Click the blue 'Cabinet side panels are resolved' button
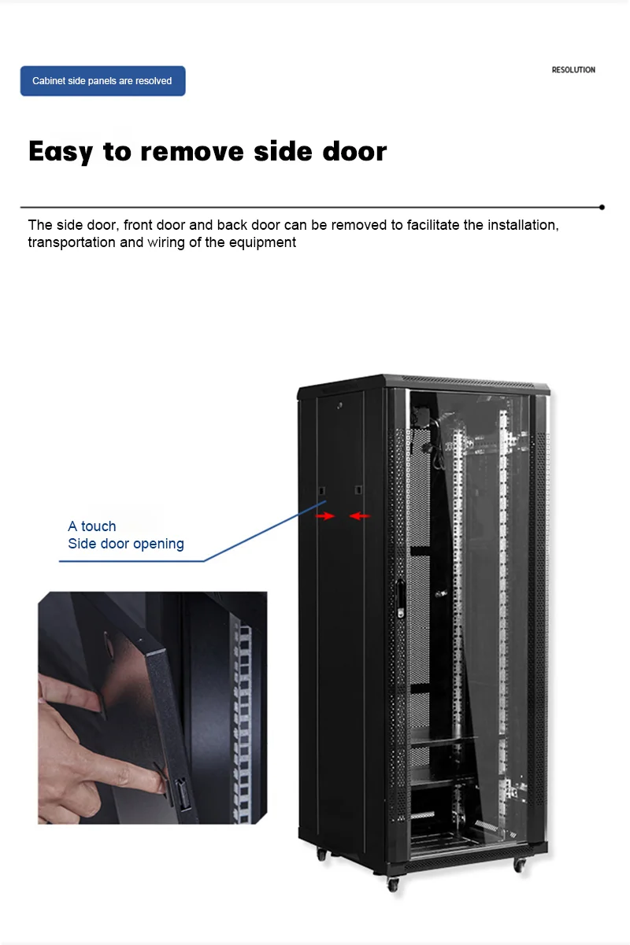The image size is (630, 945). coord(102,81)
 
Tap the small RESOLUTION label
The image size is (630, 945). coord(573,70)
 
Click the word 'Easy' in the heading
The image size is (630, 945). coord(61,151)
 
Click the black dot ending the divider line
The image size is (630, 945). coord(602,207)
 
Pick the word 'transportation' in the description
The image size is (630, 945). coord(72,242)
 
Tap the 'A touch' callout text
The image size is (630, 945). coord(92,526)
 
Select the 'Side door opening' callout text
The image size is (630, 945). coord(126,544)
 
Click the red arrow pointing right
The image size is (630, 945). coord(325,516)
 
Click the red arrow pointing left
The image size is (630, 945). coord(360,516)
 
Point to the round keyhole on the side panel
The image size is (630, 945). coord(340,406)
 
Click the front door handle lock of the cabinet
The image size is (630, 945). coord(401,597)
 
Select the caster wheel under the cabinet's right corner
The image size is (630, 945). coord(519,864)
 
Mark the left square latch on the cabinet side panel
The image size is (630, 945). coord(322,491)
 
